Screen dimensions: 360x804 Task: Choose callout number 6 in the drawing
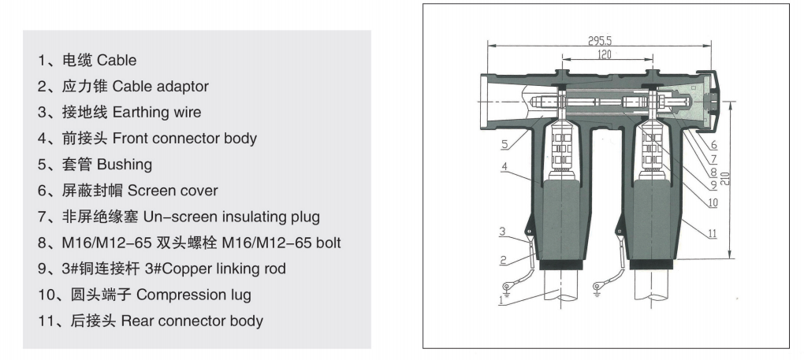click(x=713, y=144)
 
